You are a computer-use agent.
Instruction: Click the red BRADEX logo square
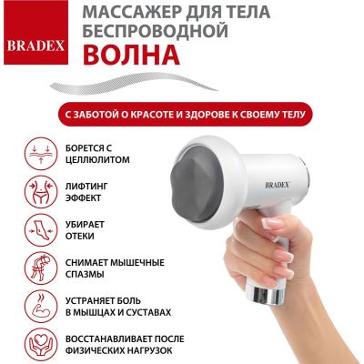coord(35,32)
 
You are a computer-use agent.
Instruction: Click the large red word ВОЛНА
coord(131,55)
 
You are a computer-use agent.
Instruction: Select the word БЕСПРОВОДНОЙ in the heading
coord(155,30)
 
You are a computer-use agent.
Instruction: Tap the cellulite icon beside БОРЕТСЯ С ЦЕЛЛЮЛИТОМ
coord(41,154)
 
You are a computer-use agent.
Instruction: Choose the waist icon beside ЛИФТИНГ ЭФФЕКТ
coord(41,192)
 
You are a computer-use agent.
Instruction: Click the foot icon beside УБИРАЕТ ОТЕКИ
coord(41,230)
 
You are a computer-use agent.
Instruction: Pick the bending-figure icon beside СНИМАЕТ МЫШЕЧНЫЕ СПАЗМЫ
coord(41,268)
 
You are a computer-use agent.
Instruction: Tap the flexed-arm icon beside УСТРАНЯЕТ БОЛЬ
coord(41,307)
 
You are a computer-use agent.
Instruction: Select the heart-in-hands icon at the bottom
coord(41,345)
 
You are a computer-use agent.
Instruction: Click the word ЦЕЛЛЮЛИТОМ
coord(97,160)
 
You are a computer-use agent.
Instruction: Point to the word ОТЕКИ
coord(80,237)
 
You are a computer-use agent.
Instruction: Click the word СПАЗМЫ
coord(85,275)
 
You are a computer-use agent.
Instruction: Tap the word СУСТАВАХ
coord(144,312)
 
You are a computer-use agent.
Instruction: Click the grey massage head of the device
coord(197,186)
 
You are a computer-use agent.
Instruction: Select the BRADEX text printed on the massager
coord(278,185)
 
